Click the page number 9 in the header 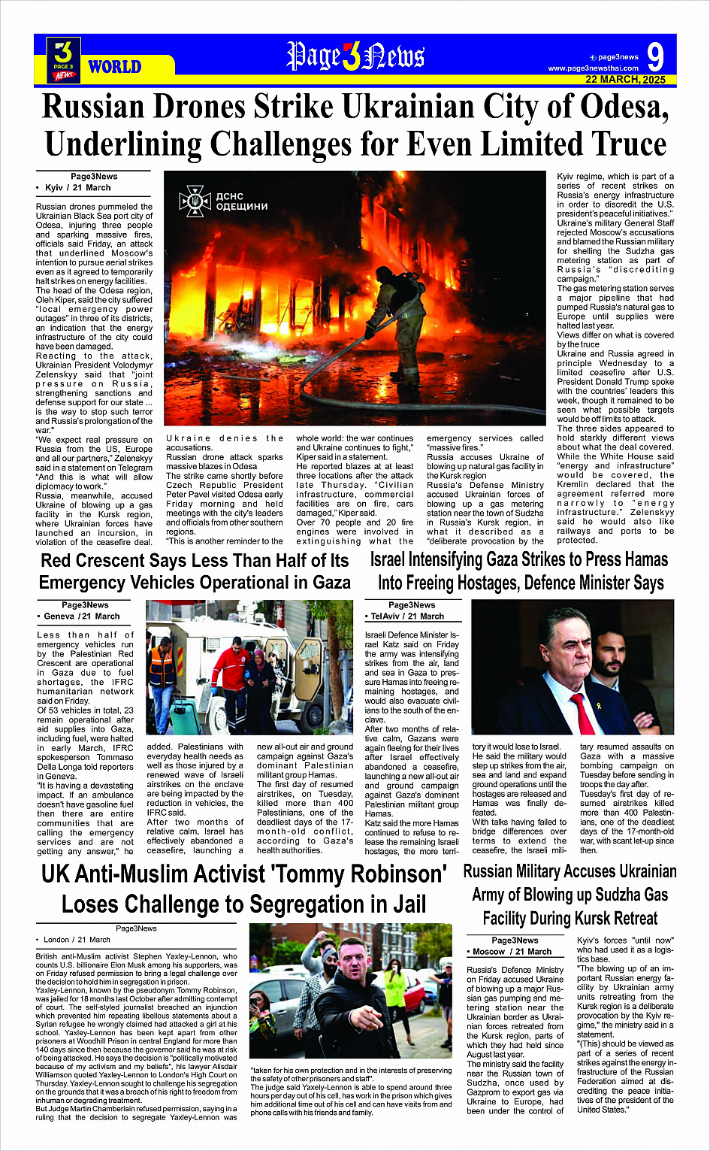tap(654, 57)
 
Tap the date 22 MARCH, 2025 tap(625, 80)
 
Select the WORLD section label tap(114, 67)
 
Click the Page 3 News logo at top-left tap(64, 59)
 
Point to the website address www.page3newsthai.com tap(593, 68)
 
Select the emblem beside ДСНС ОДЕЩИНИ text tap(194, 201)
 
